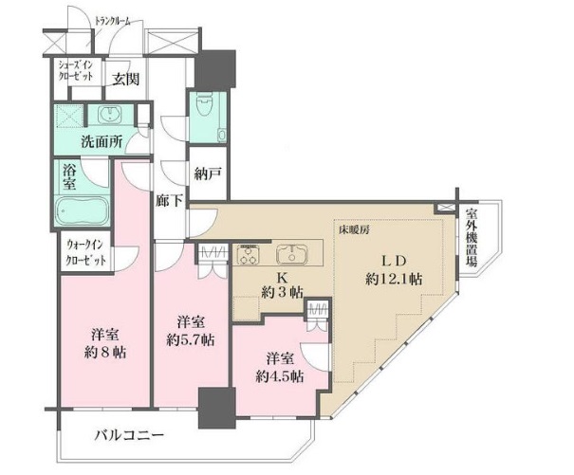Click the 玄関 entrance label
click(125, 79)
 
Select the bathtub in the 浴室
click(82, 211)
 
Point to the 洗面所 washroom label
click(102, 141)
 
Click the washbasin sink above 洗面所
click(110, 115)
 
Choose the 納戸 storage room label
click(208, 174)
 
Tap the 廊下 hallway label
click(168, 201)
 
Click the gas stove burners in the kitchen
click(249, 254)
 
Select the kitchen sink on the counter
click(292, 254)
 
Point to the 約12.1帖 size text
click(394, 280)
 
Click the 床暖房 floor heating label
click(353, 230)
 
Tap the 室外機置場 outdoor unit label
click(472, 237)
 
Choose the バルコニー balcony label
click(129, 435)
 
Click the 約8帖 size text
click(105, 352)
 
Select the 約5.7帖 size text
click(191, 340)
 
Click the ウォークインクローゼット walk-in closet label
click(86, 252)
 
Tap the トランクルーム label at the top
click(112, 21)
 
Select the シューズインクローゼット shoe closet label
click(76, 70)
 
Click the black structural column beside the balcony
click(216, 408)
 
